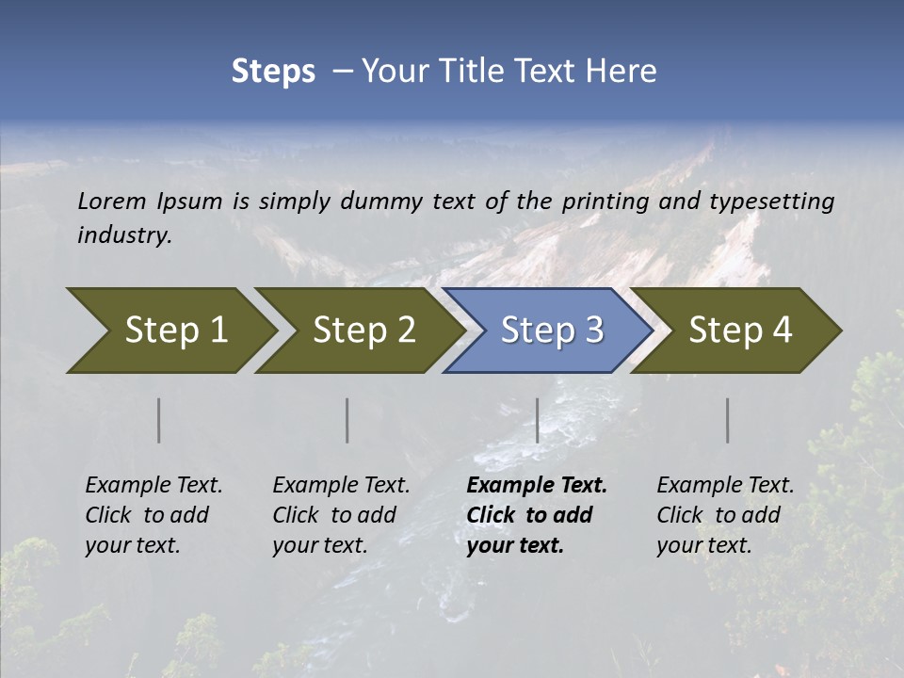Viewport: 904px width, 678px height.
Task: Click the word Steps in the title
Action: [x=273, y=72]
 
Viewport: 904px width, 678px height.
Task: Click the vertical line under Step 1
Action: [x=159, y=420]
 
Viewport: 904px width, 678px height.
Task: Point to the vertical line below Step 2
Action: [x=347, y=420]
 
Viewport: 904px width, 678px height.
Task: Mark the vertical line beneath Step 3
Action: [x=538, y=420]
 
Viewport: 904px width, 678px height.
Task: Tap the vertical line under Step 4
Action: [x=728, y=420]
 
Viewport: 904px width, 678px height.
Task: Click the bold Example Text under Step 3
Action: [x=537, y=486]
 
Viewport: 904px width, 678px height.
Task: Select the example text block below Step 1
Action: [x=153, y=515]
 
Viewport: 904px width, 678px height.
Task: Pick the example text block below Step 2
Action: [x=341, y=515]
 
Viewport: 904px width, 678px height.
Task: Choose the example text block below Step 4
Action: [x=725, y=515]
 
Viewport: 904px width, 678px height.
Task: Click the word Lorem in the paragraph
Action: [x=112, y=201]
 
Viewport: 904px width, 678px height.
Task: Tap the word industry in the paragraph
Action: [x=124, y=235]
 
